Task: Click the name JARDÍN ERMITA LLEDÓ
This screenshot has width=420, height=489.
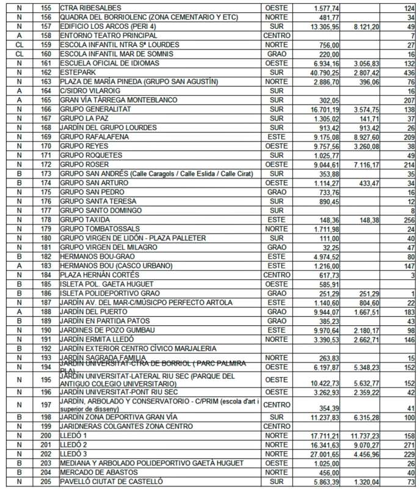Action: point(96,338)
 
